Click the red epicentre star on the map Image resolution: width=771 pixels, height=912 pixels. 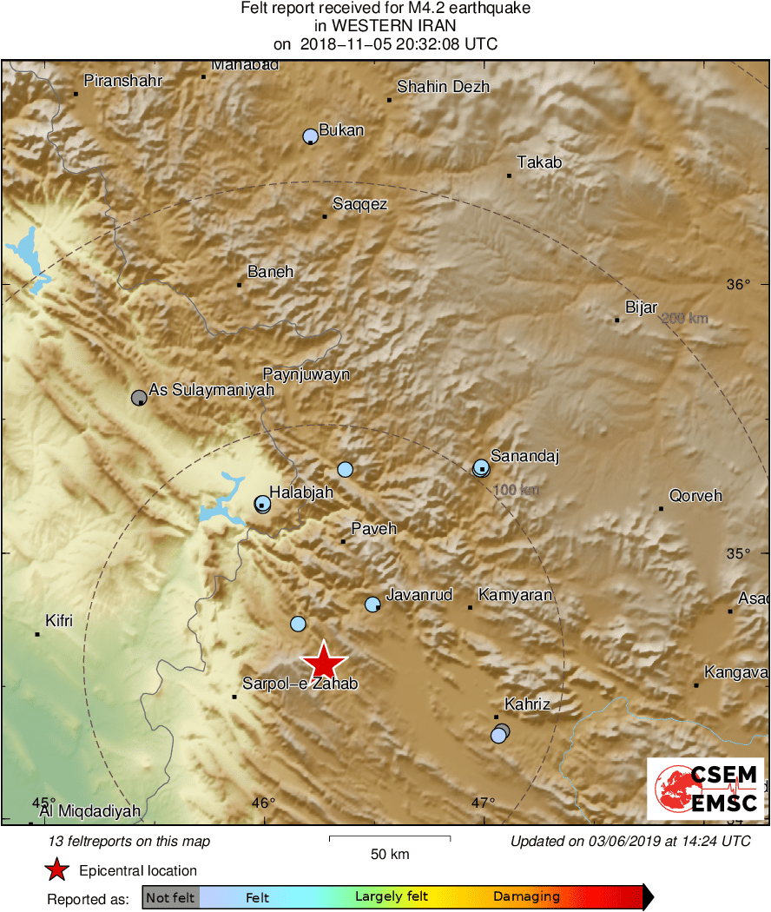coord(324,661)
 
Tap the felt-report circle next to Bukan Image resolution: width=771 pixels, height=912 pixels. coord(310,135)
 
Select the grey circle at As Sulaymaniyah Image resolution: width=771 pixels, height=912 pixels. coord(138,398)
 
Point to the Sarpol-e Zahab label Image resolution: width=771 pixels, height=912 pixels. coord(300,684)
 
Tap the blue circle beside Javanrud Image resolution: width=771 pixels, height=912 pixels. coord(372,604)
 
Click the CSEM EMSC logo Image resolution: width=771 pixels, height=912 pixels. coord(705,789)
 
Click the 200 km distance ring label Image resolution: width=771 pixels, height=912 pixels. coord(684,319)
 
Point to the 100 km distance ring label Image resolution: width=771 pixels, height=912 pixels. coord(516,491)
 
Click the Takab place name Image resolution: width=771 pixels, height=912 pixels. coord(539,162)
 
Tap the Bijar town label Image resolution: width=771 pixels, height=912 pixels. coord(641,307)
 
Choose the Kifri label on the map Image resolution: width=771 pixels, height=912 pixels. coord(59,621)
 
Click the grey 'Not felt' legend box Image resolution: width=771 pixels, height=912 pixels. coord(170,897)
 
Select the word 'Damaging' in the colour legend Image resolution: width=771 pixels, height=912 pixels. coord(526,897)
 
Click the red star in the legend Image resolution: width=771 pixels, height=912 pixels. coord(57,870)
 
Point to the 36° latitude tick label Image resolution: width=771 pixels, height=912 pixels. coord(738,284)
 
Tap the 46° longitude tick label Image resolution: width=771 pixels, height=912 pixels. coord(263,803)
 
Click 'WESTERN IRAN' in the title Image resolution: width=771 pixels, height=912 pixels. coord(385,26)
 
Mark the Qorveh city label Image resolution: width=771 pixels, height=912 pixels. coord(695,496)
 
